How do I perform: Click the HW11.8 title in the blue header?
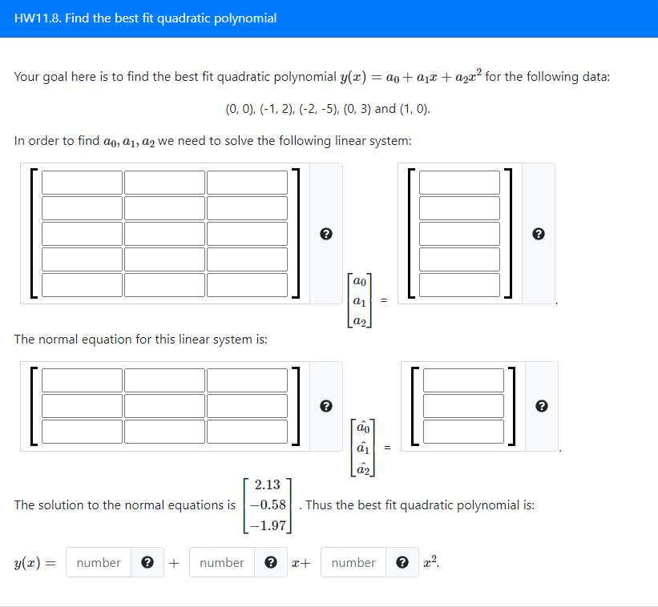click(x=146, y=18)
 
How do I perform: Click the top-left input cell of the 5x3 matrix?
click(x=82, y=182)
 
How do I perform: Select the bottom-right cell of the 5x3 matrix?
click(x=247, y=285)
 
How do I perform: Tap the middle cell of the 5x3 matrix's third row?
click(x=164, y=233)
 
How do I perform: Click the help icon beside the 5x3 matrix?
click(x=325, y=234)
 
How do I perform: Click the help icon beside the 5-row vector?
click(x=539, y=234)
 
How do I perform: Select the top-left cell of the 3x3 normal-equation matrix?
click(x=82, y=380)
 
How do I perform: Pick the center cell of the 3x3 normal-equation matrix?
click(x=164, y=405)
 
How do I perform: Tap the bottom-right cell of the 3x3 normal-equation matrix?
click(x=247, y=431)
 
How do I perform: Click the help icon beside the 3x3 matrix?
click(x=325, y=406)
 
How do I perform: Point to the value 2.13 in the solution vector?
click(x=267, y=484)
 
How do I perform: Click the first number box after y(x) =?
click(x=99, y=563)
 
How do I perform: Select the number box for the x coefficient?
click(x=222, y=563)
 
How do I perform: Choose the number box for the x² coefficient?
click(x=353, y=563)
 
